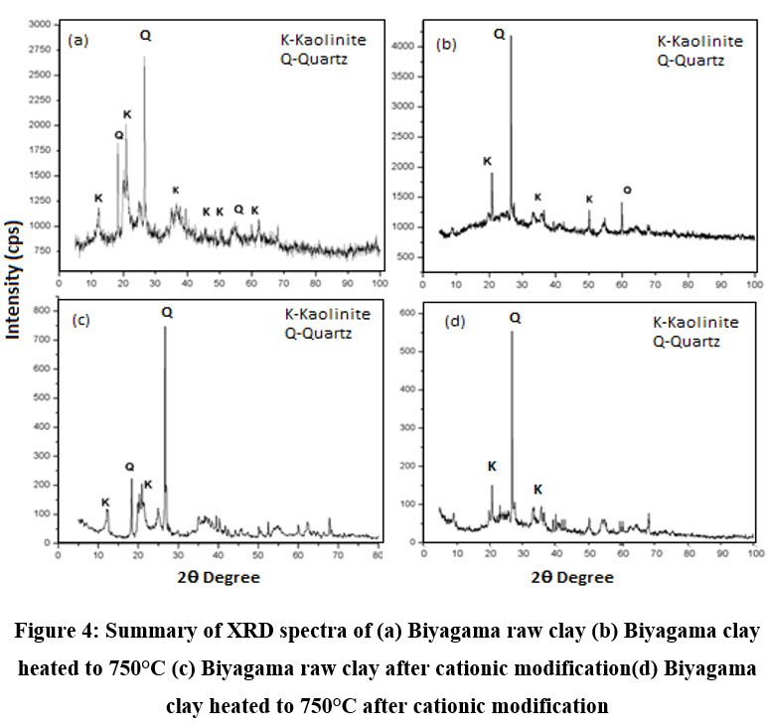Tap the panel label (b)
point(446,45)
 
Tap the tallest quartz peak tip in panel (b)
point(511,38)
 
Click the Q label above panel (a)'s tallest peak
point(145,36)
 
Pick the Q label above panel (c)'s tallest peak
point(166,312)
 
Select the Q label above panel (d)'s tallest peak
point(514,318)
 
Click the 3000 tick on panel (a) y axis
point(41,23)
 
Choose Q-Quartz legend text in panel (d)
point(687,342)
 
